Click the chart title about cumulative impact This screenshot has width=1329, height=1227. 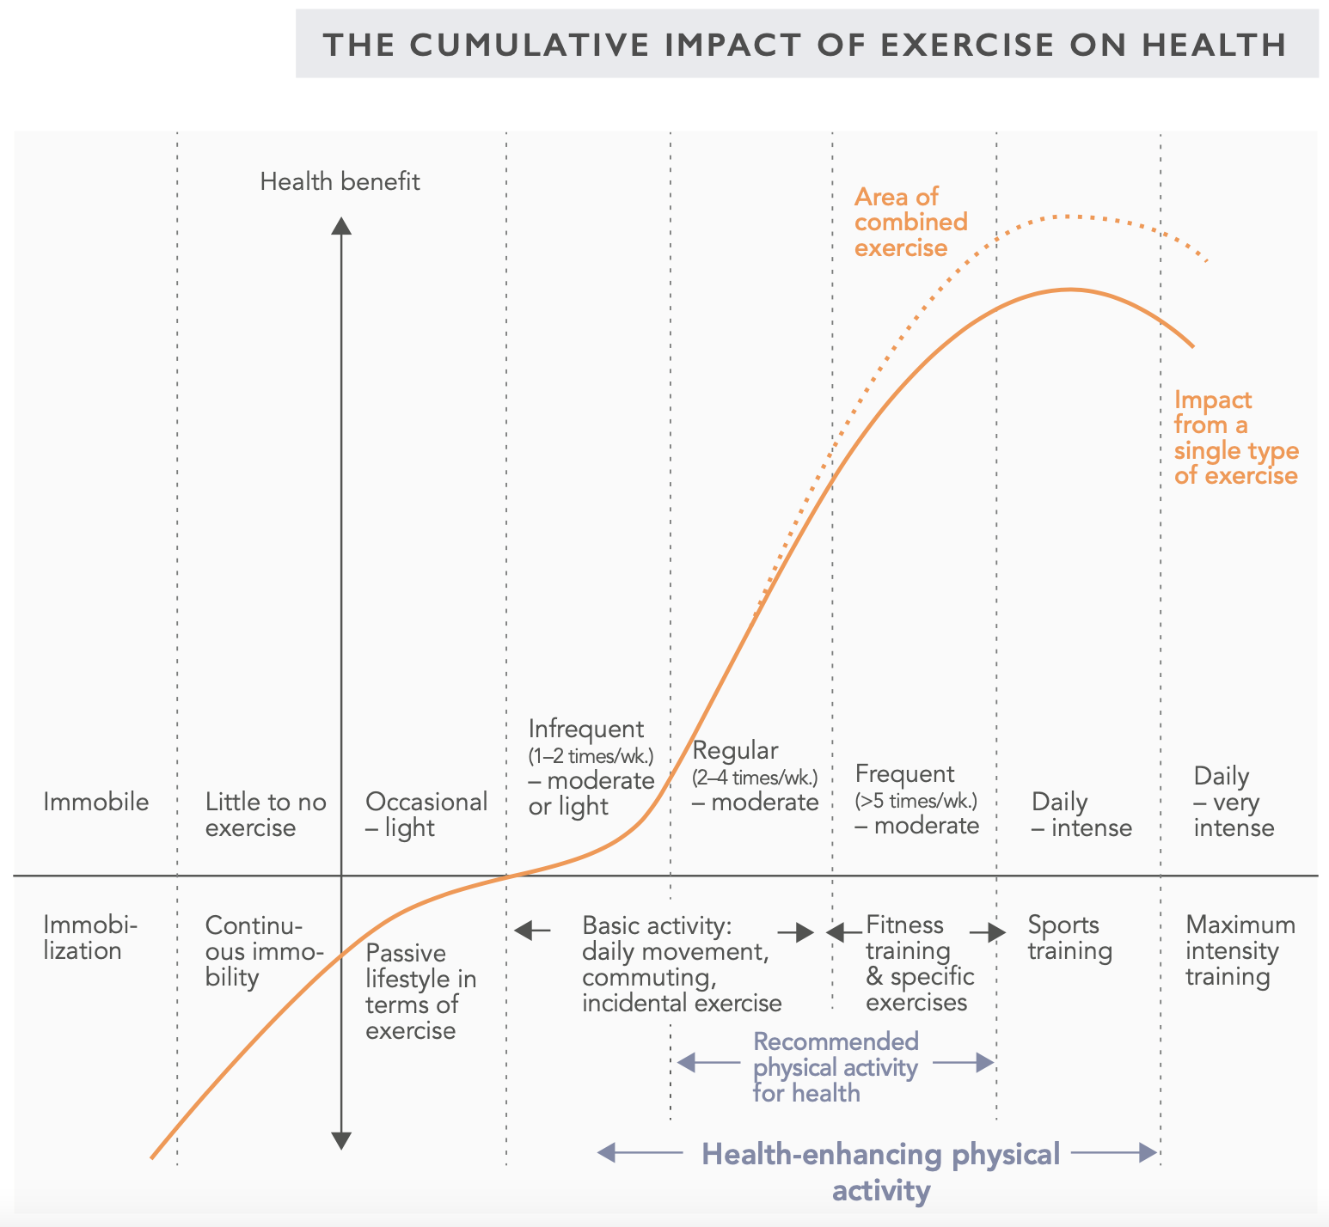(805, 45)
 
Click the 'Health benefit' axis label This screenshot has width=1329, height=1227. (340, 182)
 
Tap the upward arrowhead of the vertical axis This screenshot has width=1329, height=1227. (341, 226)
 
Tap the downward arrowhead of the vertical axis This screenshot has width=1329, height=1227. (341, 1141)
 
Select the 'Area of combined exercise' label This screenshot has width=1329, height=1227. (910, 223)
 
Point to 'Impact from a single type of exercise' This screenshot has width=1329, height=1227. (1236, 438)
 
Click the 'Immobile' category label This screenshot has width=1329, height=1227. (95, 803)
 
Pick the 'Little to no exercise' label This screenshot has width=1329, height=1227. (266, 815)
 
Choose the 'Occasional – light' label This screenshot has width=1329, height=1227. (426, 815)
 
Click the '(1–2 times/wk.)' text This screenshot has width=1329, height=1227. (591, 757)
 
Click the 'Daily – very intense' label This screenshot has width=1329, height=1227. (1234, 803)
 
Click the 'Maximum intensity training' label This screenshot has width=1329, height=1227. (1240, 950)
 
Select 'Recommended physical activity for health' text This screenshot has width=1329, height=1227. (836, 1067)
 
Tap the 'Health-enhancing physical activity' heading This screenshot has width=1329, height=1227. (881, 1173)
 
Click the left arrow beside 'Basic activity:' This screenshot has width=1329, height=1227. (533, 929)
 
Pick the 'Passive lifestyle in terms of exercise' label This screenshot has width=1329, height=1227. (420, 992)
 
